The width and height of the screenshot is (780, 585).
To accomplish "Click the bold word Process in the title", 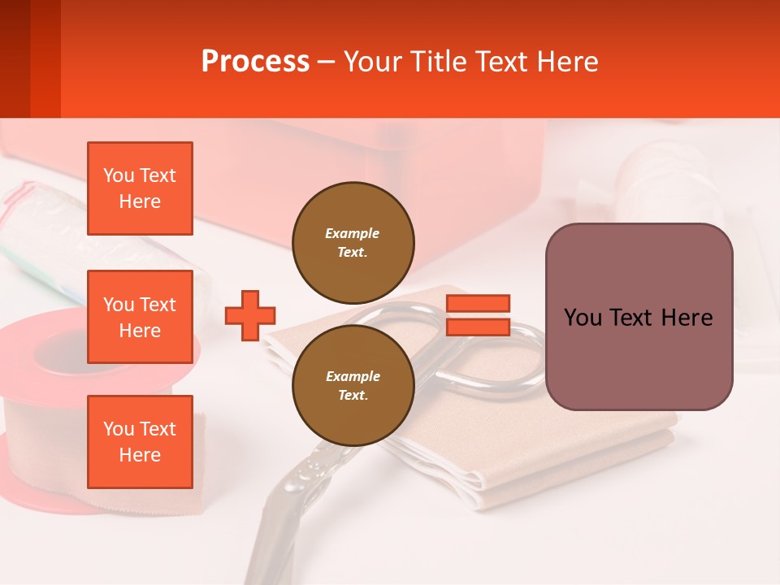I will pyautogui.click(x=255, y=62).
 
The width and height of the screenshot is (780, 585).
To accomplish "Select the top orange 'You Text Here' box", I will pyautogui.click(x=140, y=188).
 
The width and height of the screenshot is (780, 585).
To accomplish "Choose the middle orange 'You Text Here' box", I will pyautogui.click(x=140, y=317).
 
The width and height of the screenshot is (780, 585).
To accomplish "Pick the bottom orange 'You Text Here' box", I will pyautogui.click(x=140, y=442).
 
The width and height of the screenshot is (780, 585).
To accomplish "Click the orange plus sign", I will pyautogui.click(x=249, y=315).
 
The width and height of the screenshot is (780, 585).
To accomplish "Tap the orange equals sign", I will pyautogui.click(x=478, y=315).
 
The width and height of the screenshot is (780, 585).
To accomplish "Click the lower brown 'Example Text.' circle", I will pyautogui.click(x=353, y=385).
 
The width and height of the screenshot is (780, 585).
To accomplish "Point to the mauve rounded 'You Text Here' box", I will pyautogui.click(x=639, y=317).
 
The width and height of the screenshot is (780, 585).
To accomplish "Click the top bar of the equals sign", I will pyautogui.click(x=478, y=304).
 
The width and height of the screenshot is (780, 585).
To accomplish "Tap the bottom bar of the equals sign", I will pyautogui.click(x=478, y=327).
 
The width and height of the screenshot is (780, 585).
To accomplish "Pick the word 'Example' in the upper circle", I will pyautogui.click(x=353, y=233).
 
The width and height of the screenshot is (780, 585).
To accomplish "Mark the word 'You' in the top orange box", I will pyautogui.click(x=119, y=175).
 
